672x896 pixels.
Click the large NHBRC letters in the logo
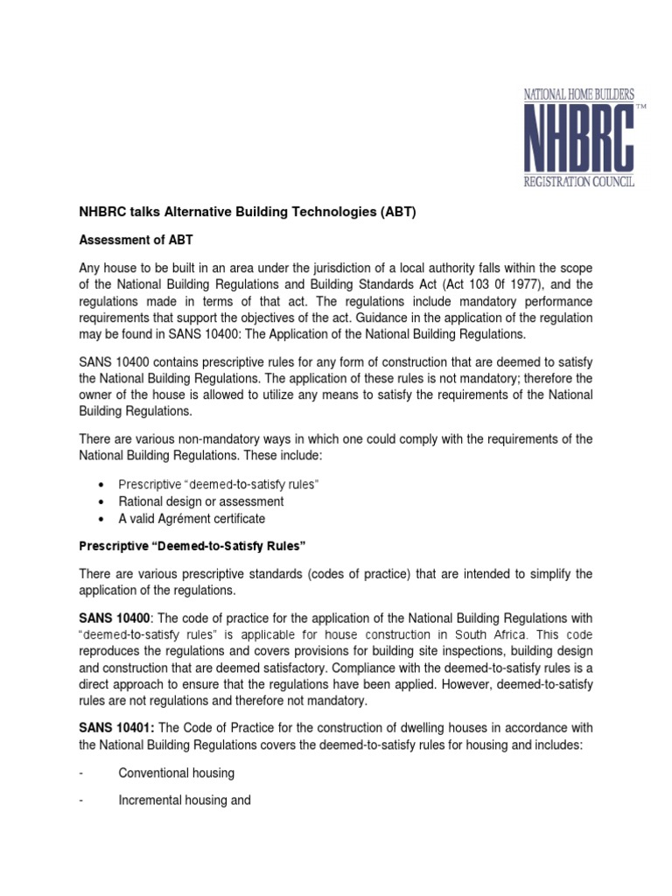pyautogui.click(x=578, y=138)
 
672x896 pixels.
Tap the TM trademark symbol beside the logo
pyautogui.click(x=640, y=107)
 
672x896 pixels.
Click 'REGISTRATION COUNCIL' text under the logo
pyautogui.click(x=578, y=182)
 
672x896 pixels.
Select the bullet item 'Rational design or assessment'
pyautogui.click(x=201, y=501)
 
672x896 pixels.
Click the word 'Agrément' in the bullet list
pyautogui.click(x=192, y=519)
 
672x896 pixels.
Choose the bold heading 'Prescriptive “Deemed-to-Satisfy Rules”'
pyautogui.click(x=192, y=546)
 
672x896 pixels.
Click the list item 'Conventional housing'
pyautogui.click(x=177, y=773)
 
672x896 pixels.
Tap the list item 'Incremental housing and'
pyautogui.click(x=185, y=800)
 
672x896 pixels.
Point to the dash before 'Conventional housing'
pyautogui.click(x=80, y=773)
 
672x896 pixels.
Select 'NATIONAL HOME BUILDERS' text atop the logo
pyautogui.click(x=578, y=92)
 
